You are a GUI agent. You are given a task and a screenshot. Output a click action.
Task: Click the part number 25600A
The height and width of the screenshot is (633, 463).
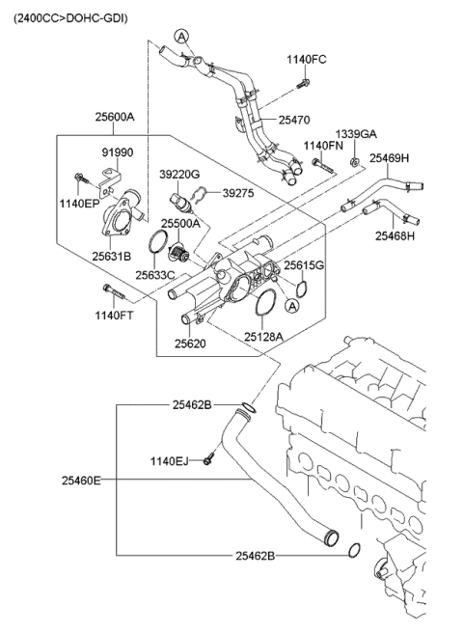pyautogui.click(x=115, y=117)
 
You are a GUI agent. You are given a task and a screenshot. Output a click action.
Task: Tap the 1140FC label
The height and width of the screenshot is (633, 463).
pyautogui.click(x=307, y=60)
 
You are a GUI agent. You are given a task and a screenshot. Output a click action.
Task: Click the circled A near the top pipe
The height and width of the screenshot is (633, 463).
pyautogui.click(x=181, y=37)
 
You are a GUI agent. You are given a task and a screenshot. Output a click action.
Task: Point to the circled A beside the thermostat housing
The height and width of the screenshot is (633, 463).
pyautogui.click(x=291, y=307)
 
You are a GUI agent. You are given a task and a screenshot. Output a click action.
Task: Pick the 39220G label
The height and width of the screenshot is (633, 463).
pyautogui.click(x=179, y=175)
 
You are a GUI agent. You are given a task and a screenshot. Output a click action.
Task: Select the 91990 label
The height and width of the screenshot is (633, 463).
pyautogui.click(x=118, y=152)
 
